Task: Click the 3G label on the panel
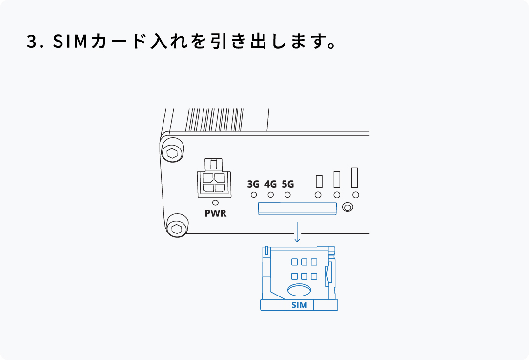253,184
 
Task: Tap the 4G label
270,184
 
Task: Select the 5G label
288,184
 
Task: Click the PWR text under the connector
216,213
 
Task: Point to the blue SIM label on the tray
299,305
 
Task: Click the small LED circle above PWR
215,202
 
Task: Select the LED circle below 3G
253,195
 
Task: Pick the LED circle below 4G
270,195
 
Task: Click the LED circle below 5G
288,195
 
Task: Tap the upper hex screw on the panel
172,153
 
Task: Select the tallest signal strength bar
355,177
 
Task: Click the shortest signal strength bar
319,181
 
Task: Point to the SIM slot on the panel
297,209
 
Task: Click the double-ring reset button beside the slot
347,207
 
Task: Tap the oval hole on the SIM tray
299,290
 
